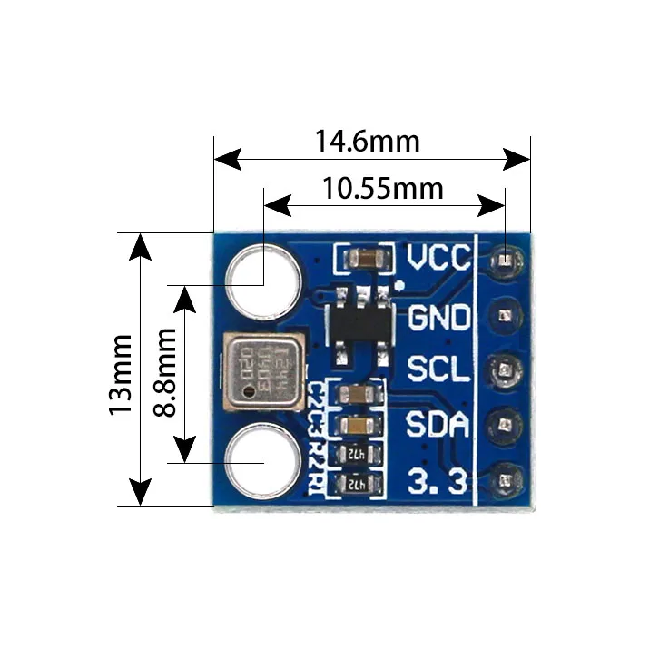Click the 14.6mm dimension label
click(367, 142)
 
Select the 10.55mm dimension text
click(382, 189)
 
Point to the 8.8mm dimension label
click(165, 372)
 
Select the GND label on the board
click(439, 319)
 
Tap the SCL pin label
click(438, 370)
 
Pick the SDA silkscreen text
click(438, 425)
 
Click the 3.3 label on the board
click(438, 478)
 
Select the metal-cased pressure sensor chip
click(262, 371)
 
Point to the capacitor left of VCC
click(364, 261)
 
